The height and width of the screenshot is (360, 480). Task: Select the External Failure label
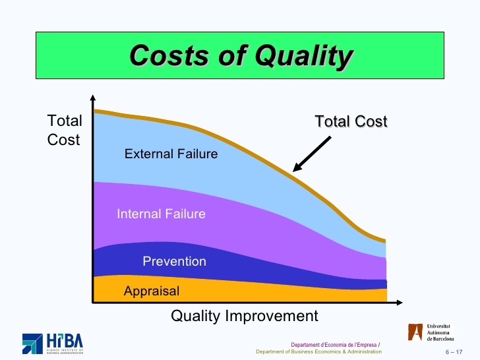pos(171,154)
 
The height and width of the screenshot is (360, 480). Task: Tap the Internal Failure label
pos(161,214)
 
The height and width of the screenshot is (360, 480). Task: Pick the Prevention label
pos(174,261)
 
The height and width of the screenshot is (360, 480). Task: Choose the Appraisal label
pos(152,291)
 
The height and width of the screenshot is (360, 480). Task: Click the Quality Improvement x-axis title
pos(244,316)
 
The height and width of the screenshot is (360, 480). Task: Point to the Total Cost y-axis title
pos(65,130)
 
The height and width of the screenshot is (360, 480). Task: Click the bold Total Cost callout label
pos(351,121)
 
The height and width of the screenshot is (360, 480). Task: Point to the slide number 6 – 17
pos(454,351)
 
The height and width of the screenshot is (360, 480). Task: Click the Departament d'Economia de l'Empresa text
pos(334,344)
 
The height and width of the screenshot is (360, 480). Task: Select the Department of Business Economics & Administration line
pos(318,351)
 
